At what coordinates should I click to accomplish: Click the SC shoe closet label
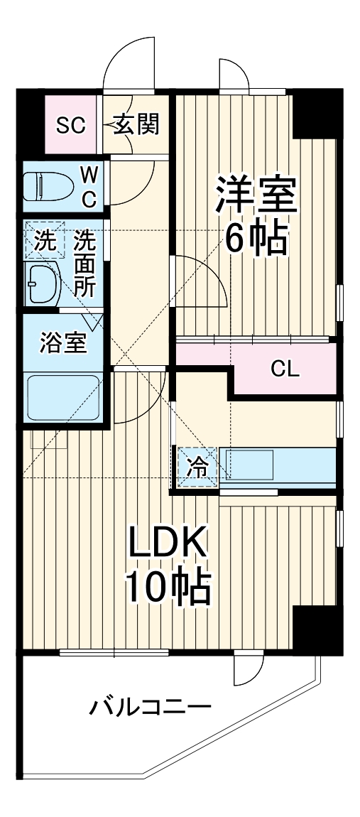click(x=71, y=126)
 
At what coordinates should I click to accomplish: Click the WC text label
click(x=89, y=186)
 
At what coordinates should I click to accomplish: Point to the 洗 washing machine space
click(x=44, y=241)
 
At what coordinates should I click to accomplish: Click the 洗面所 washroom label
click(x=86, y=263)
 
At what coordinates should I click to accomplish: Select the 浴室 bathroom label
click(x=63, y=343)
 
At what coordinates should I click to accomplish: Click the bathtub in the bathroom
click(x=63, y=398)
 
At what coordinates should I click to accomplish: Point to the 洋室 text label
click(x=256, y=193)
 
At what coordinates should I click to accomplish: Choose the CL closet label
click(x=285, y=369)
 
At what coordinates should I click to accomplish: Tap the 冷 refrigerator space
click(x=198, y=467)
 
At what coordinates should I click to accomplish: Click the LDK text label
click(x=168, y=545)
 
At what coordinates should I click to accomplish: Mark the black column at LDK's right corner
click(x=317, y=629)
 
